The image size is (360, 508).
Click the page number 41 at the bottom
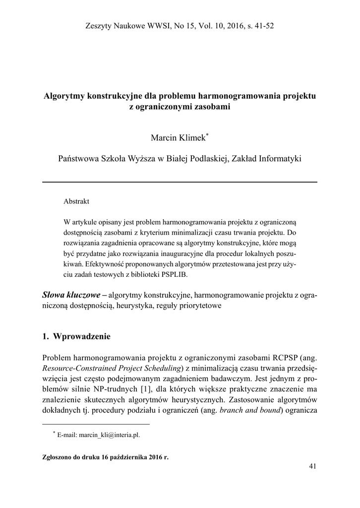(x=312, y=466)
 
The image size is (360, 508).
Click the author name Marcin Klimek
(x=178, y=136)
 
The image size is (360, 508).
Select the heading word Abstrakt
(x=76, y=202)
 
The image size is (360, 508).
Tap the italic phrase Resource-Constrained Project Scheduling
(x=113, y=368)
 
